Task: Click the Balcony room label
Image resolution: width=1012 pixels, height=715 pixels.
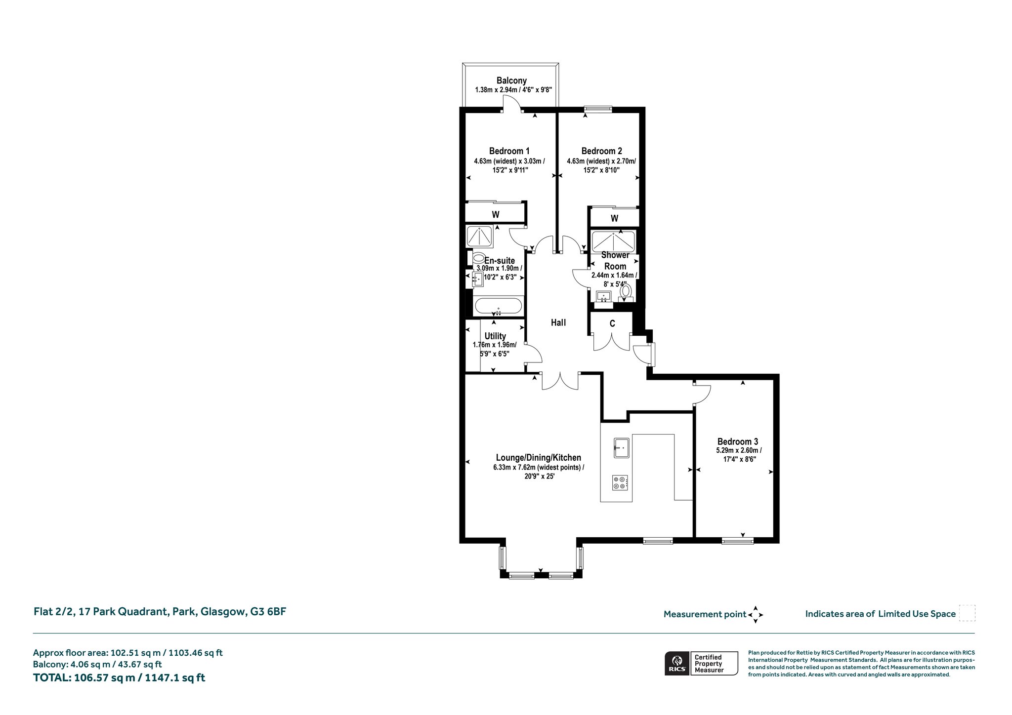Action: [511, 80]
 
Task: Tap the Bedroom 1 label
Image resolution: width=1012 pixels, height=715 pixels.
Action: [509, 151]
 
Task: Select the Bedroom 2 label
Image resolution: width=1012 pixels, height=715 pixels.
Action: [601, 151]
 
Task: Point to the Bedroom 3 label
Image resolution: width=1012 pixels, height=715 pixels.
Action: [738, 441]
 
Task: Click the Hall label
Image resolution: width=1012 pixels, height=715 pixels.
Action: [558, 322]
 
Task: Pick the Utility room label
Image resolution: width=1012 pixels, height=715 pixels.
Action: [495, 336]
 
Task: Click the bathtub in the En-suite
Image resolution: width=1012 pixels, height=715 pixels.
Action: [498, 306]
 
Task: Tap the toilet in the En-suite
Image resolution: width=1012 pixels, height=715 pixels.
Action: [478, 258]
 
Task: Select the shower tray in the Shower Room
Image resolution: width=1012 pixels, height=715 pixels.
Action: [613, 242]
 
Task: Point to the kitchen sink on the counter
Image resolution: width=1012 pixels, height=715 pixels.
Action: [622, 448]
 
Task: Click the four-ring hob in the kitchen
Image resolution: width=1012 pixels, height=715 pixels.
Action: [620, 482]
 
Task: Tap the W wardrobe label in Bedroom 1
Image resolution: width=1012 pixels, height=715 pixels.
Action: [496, 214]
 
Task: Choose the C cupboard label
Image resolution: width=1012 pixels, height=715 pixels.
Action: [612, 324]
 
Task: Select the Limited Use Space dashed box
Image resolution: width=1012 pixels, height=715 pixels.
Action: [967, 613]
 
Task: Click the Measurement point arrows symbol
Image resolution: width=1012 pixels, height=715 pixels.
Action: [756, 615]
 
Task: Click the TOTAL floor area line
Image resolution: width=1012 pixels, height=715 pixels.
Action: [119, 677]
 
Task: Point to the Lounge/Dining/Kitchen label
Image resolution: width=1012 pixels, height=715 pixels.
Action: [539, 458]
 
